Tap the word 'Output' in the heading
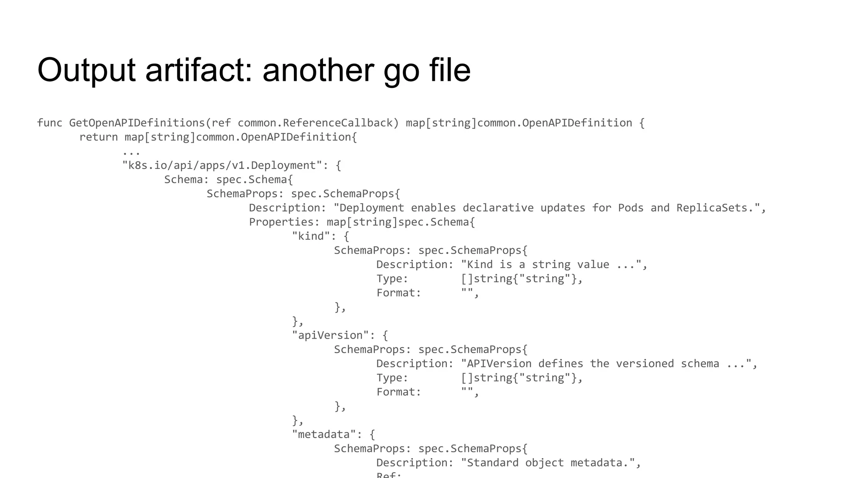click(86, 70)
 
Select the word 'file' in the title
click(450, 70)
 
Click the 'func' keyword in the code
click(49, 123)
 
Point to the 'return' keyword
click(98, 137)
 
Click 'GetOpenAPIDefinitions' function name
click(137, 123)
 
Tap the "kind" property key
click(311, 236)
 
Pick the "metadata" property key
click(324, 434)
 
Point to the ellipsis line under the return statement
click(131, 152)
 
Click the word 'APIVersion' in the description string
click(499, 364)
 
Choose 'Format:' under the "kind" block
click(398, 293)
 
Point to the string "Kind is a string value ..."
click(551, 265)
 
